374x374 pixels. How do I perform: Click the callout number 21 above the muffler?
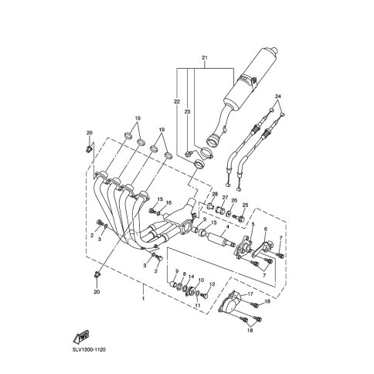coord(205,58)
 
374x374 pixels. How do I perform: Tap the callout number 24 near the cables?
coord(278,97)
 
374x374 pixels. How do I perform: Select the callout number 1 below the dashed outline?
coord(143,298)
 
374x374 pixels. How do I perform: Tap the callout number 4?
coord(228,227)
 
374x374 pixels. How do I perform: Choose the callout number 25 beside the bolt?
coord(245,206)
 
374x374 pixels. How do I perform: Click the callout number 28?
coord(215,194)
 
